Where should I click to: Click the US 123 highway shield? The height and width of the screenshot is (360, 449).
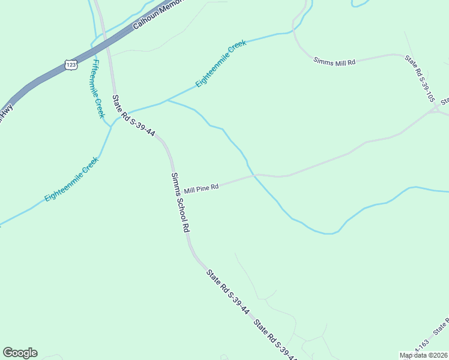pyautogui.click(x=71, y=64)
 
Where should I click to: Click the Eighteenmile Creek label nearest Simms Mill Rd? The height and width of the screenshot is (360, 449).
pyautogui.click(x=221, y=65)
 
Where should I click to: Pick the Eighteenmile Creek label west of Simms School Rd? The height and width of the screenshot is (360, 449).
pyautogui.click(x=71, y=179)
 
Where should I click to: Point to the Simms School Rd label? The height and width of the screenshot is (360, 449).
pyautogui.click(x=180, y=203)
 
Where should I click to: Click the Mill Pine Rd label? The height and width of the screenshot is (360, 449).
pyautogui.click(x=201, y=189)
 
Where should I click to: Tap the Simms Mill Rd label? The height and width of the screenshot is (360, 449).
pyautogui.click(x=334, y=61)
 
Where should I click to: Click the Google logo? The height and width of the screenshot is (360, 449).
pyautogui.click(x=20, y=353)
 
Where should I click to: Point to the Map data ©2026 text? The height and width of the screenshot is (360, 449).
pyautogui.click(x=423, y=355)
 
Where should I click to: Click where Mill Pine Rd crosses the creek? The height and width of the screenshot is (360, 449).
pyautogui.click(x=255, y=175)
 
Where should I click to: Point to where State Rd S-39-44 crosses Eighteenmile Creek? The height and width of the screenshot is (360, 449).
pyautogui.click(x=119, y=113)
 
